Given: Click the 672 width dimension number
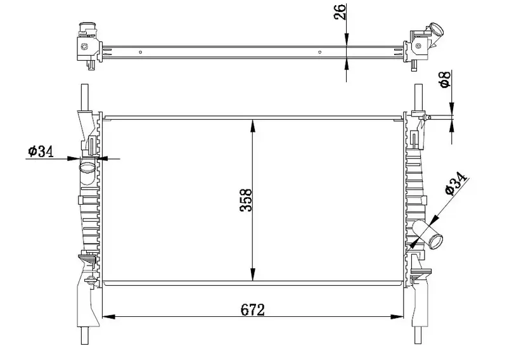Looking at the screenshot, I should (x=252, y=309).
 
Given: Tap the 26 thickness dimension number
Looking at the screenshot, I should (x=340, y=13).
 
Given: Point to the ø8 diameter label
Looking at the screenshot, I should (x=445, y=80).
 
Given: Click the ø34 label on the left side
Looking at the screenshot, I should (x=39, y=151).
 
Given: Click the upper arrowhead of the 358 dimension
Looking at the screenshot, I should (x=253, y=122).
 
